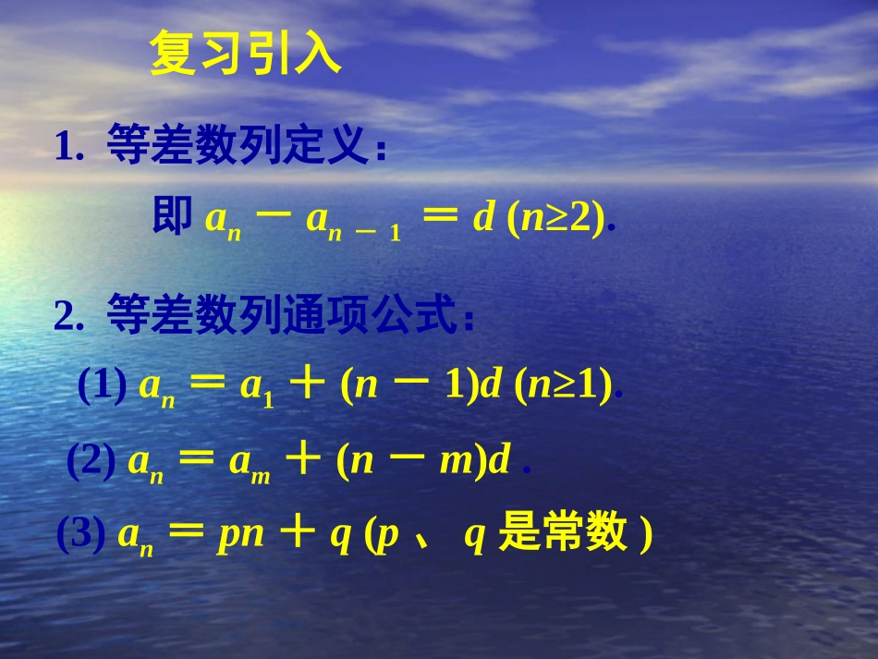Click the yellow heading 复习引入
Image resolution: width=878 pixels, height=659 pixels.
(x=246, y=55)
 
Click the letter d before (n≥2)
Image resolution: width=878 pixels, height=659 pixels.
(x=483, y=218)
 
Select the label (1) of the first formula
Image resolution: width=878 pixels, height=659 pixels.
(x=102, y=387)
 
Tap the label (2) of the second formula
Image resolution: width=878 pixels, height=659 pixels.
(x=91, y=461)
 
